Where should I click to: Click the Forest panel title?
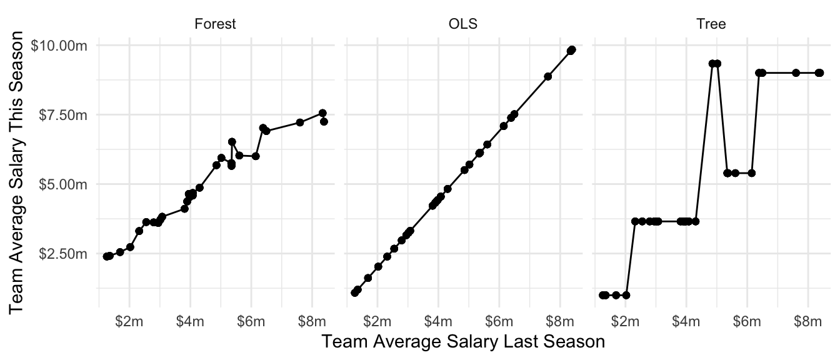point(215,24)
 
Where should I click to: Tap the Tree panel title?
point(711,24)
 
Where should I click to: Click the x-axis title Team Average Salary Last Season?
point(462,342)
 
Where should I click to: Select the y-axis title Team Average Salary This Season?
point(19,176)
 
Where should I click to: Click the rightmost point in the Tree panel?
point(819,72)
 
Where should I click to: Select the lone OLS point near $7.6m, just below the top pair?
point(547,76)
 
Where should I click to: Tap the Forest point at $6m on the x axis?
point(256,156)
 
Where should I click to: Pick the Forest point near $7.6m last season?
point(300,122)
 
